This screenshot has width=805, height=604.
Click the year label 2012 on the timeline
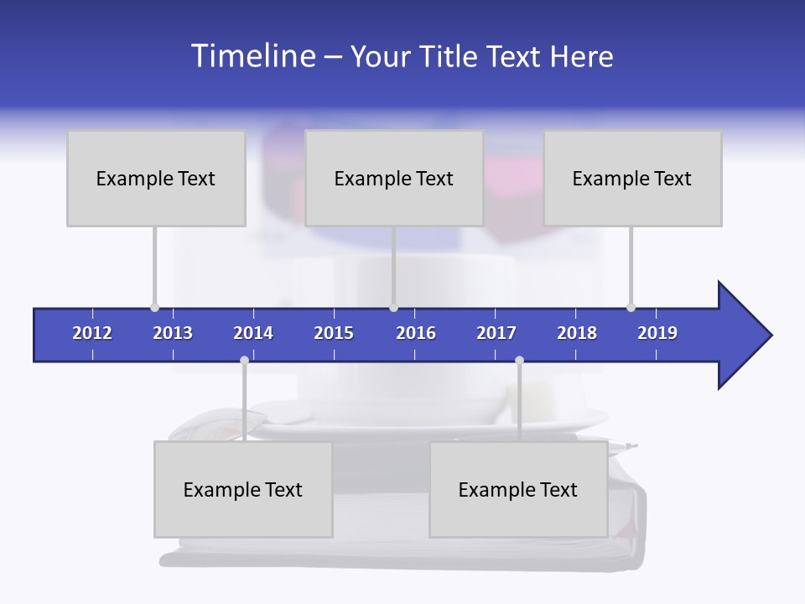coord(92,333)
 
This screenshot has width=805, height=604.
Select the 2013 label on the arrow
coord(173,333)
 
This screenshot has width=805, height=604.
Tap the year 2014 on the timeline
coord(253,333)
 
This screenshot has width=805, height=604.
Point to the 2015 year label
coord(334,333)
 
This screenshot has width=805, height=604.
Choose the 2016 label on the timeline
coord(416,333)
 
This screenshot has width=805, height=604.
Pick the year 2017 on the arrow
coord(496,333)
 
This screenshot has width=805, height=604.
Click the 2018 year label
coord(577,333)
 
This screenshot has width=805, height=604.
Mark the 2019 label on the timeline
coord(657,333)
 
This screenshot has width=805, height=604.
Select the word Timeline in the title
coord(252,55)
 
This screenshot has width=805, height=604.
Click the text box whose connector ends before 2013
coord(156,178)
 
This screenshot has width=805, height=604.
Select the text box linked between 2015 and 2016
coord(394,178)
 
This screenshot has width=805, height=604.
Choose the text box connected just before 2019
coord(632,178)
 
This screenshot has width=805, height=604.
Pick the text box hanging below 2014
coord(243,489)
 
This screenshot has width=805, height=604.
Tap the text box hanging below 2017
coord(518,489)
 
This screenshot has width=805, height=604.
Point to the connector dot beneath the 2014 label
coord(244,360)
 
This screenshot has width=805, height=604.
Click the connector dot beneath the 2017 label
coord(519,360)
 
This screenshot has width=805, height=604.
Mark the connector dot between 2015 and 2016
coord(393,307)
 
